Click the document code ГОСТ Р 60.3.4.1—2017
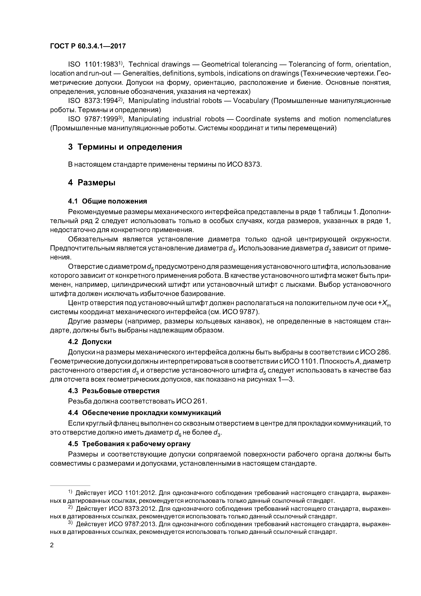pos(88,46)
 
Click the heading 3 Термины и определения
pos(125,147)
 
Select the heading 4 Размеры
pos(91,183)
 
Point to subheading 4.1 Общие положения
pos(107,201)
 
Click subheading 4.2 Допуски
pos(90,342)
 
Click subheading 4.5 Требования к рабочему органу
pos(129,444)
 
